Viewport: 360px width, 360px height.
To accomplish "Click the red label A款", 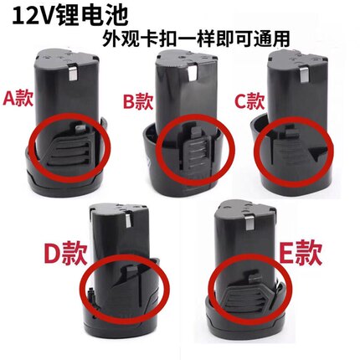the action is pyautogui.click(x=18, y=99).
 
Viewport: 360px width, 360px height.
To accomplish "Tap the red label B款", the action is pyautogui.click(x=138, y=103).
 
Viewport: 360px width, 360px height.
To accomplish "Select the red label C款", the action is pyautogui.click(x=249, y=101).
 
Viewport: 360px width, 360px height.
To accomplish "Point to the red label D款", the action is pyautogui.click(x=65, y=254).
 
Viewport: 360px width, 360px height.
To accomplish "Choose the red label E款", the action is pyautogui.click(x=301, y=253).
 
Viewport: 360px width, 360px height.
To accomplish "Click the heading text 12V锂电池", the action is pyautogui.click(x=70, y=17).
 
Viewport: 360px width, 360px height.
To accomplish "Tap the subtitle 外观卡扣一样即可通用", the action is pyautogui.click(x=196, y=39).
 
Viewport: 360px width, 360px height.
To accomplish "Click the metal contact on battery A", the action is pyautogui.click(x=73, y=72).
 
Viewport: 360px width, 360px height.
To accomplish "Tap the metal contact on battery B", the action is pyautogui.click(x=193, y=72).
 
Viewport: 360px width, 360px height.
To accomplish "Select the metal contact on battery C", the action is pyautogui.click(x=305, y=72).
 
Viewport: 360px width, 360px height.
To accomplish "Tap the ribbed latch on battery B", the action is pyautogui.click(x=197, y=155).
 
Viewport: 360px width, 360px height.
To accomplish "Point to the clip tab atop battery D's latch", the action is pyautogui.click(x=131, y=270).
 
